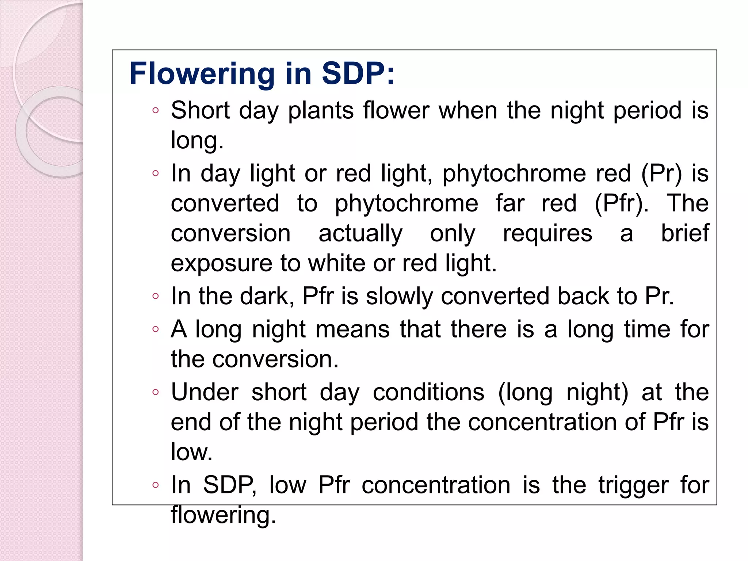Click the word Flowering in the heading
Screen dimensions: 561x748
point(202,74)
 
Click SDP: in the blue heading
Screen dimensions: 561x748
point(358,73)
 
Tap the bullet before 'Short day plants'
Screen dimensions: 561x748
point(156,110)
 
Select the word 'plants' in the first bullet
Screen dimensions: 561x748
point(321,111)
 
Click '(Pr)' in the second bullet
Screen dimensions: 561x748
point(661,174)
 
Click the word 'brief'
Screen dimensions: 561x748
point(685,233)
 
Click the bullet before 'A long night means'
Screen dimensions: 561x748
point(156,329)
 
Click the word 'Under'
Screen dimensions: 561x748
point(205,392)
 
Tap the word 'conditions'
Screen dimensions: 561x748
point(428,392)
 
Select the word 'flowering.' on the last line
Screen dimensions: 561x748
point(223,515)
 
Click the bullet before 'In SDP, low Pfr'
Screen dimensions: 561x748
point(156,485)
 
